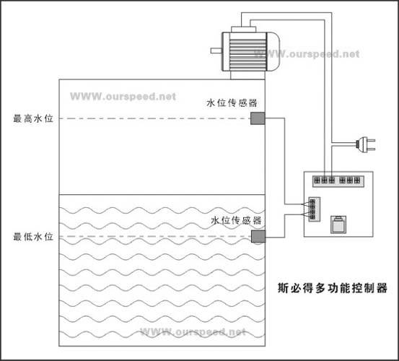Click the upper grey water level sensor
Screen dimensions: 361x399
coord(258,119)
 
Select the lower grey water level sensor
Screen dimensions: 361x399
coord(258,237)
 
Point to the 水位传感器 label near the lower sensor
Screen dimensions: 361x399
coord(236,219)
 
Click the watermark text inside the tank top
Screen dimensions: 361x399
coord(123,95)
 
